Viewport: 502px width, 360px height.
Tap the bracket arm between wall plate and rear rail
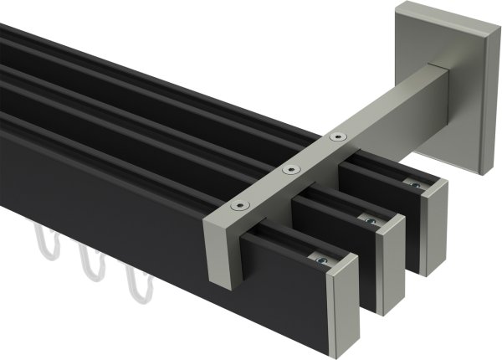coord(393,100)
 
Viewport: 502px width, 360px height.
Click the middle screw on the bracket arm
coord(290,170)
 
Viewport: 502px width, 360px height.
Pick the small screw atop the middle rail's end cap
coord(369,220)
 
